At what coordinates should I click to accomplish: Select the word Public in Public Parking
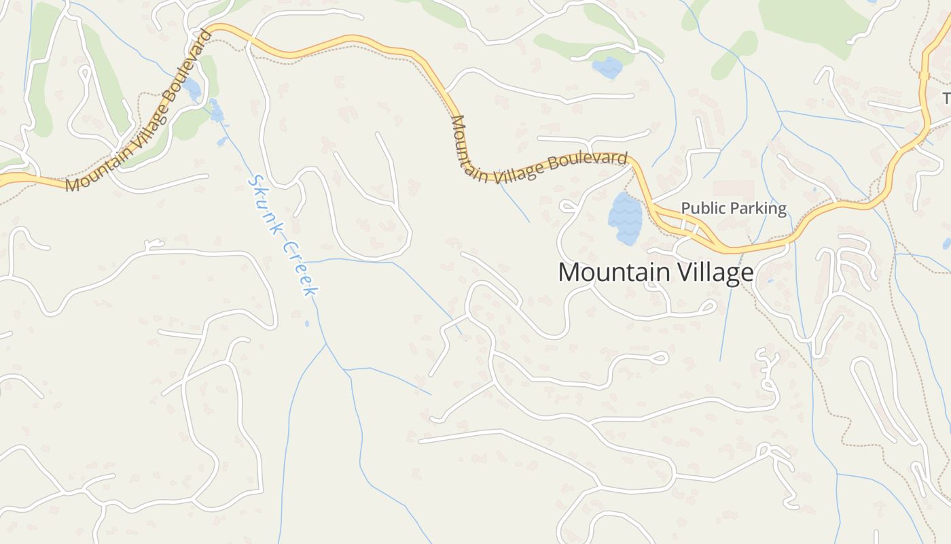(701, 208)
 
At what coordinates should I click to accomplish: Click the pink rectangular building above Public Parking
(734, 189)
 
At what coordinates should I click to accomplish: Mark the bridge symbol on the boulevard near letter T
(924, 75)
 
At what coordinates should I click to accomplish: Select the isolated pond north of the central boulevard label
(607, 67)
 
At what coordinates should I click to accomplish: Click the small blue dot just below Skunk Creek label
(307, 324)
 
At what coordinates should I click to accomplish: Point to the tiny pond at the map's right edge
(947, 243)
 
